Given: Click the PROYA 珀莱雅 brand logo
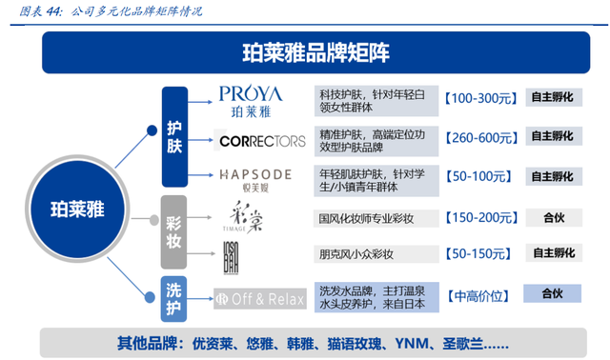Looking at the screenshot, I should pyautogui.click(x=253, y=100).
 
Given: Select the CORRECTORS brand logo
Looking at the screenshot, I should pyautogui.click(x=262, y=141).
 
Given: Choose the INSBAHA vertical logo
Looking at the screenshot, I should pyautogui.click(x=231, y=254).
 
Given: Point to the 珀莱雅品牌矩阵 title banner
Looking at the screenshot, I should pyautogui.click(x=315, y=51).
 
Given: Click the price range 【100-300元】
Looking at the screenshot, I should pyautogui.click(x=479, y=98).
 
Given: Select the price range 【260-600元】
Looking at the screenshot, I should pyautogui.click(x=479, y=139).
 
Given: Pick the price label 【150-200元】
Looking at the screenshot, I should pyautogui.click(x=479, y=218).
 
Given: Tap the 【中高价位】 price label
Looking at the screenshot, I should pyautogui.click(x=479, y=296).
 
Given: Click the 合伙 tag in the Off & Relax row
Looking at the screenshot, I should pyautogui.click(x=554, y=295).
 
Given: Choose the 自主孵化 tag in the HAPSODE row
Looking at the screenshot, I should pyautogui.click(x=554, y=176).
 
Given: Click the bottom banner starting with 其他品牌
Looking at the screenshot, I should pyautogui.click(x=315, y=341).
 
